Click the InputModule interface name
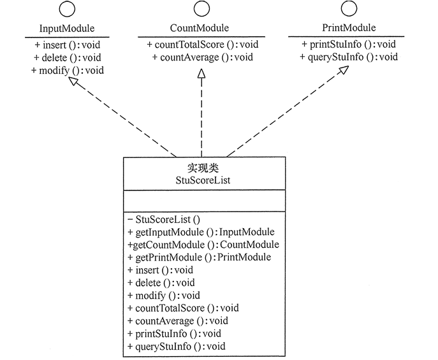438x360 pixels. (66, 29)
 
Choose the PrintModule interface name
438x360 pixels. (348, 28)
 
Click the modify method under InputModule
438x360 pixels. (67, 70)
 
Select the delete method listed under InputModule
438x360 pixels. (67, 57)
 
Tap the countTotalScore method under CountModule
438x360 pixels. (202, 45)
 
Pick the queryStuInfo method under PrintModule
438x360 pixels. (349, 57)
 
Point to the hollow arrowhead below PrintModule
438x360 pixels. (343, 71)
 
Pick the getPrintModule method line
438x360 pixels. (199, 257)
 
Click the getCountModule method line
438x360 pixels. (203, 245)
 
